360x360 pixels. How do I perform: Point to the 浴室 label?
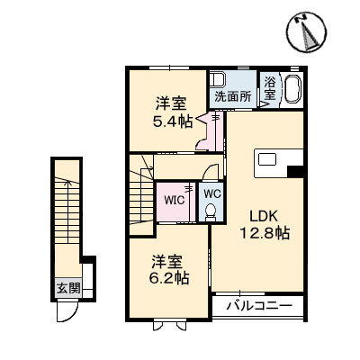point(270,91)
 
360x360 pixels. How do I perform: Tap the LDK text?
point(263,216)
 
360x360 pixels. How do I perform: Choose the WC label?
point(209,193)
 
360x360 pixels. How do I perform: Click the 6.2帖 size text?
point(169,279)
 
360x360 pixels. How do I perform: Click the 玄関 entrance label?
point(68,289)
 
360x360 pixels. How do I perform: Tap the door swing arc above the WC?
point(209,175)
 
